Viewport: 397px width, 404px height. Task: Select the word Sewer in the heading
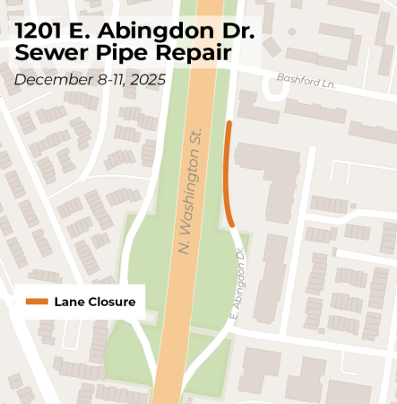[46, 54]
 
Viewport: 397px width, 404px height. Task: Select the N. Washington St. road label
[193, 189]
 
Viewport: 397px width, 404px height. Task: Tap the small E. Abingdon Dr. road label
[238, 287]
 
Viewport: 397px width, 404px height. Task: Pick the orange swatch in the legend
[37, 302]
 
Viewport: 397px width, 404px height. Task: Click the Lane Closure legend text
[94, 302]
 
